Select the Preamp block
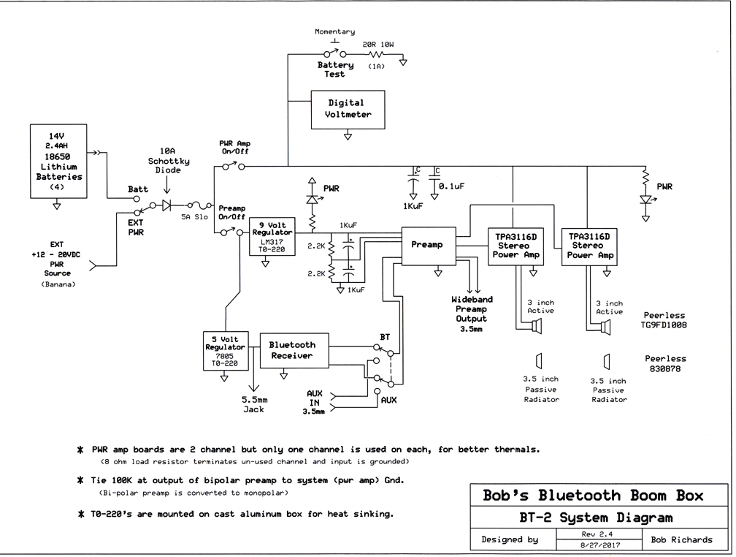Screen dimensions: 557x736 428,246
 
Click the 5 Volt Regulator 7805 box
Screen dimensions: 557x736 225,350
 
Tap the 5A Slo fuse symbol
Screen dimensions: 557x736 195,206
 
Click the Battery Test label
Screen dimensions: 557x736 335,69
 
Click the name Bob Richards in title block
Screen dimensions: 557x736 681,539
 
